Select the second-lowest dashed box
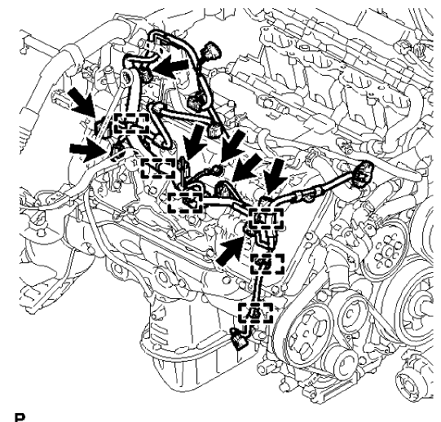pyautogui.click(x=267, y=264)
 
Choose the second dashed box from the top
pyautogui.click(x=158, y=167)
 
